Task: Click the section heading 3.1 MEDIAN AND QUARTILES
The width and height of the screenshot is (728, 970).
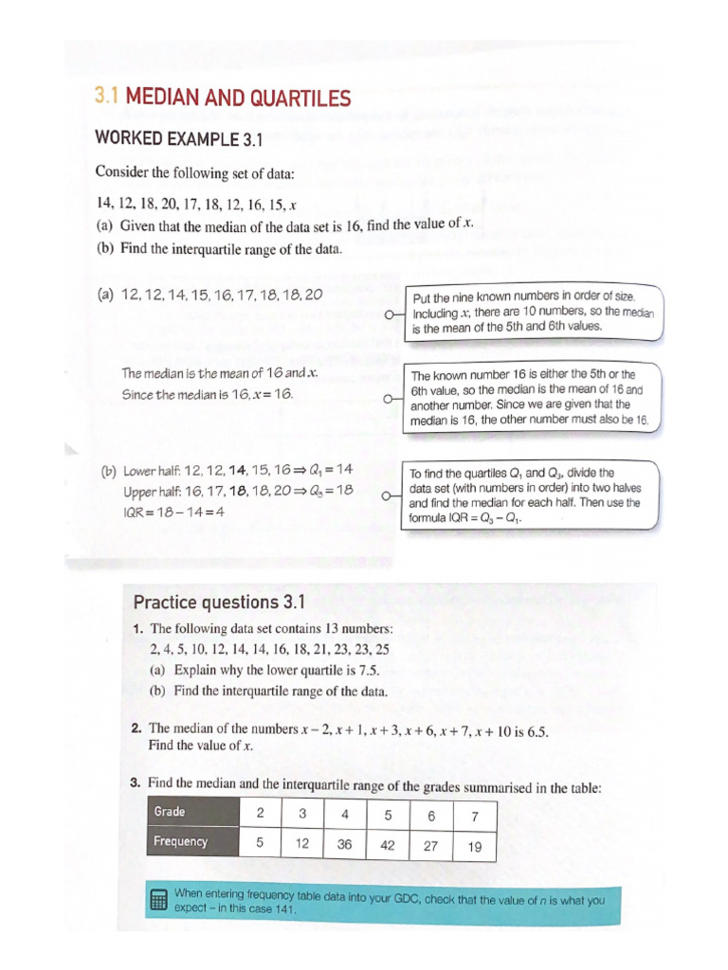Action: pos(223,98)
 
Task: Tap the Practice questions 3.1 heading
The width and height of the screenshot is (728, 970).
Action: pos(217,602)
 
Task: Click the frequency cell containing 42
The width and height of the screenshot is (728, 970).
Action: pos(387,844)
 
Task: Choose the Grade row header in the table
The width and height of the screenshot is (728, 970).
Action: pos(194,813)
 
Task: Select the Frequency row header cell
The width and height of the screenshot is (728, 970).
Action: pos(194,842)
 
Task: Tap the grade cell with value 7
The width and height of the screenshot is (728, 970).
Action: pos(475,816)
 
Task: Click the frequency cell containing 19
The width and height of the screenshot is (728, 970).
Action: pos(475,847)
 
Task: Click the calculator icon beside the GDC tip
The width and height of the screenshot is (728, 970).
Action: pos(159,900)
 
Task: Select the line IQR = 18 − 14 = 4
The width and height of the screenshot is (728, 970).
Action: pos(173,512)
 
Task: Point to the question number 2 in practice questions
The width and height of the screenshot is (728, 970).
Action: pos(136,729)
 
